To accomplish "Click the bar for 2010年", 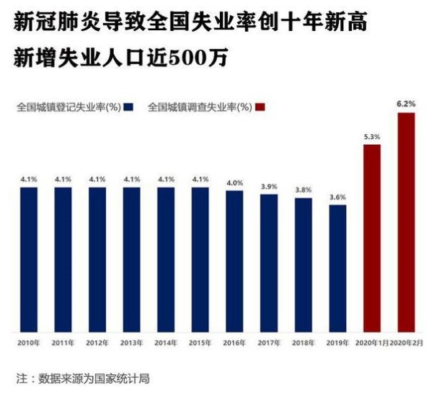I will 28,259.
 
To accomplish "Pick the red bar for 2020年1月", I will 371,238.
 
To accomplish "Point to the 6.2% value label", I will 406,105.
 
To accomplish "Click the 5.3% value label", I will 371,136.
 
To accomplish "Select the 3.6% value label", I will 337,197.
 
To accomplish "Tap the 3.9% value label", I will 269,186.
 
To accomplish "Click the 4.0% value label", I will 234,182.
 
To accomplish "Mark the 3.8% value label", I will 303,190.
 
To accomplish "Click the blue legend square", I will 128,107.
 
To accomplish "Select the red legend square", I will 260,107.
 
